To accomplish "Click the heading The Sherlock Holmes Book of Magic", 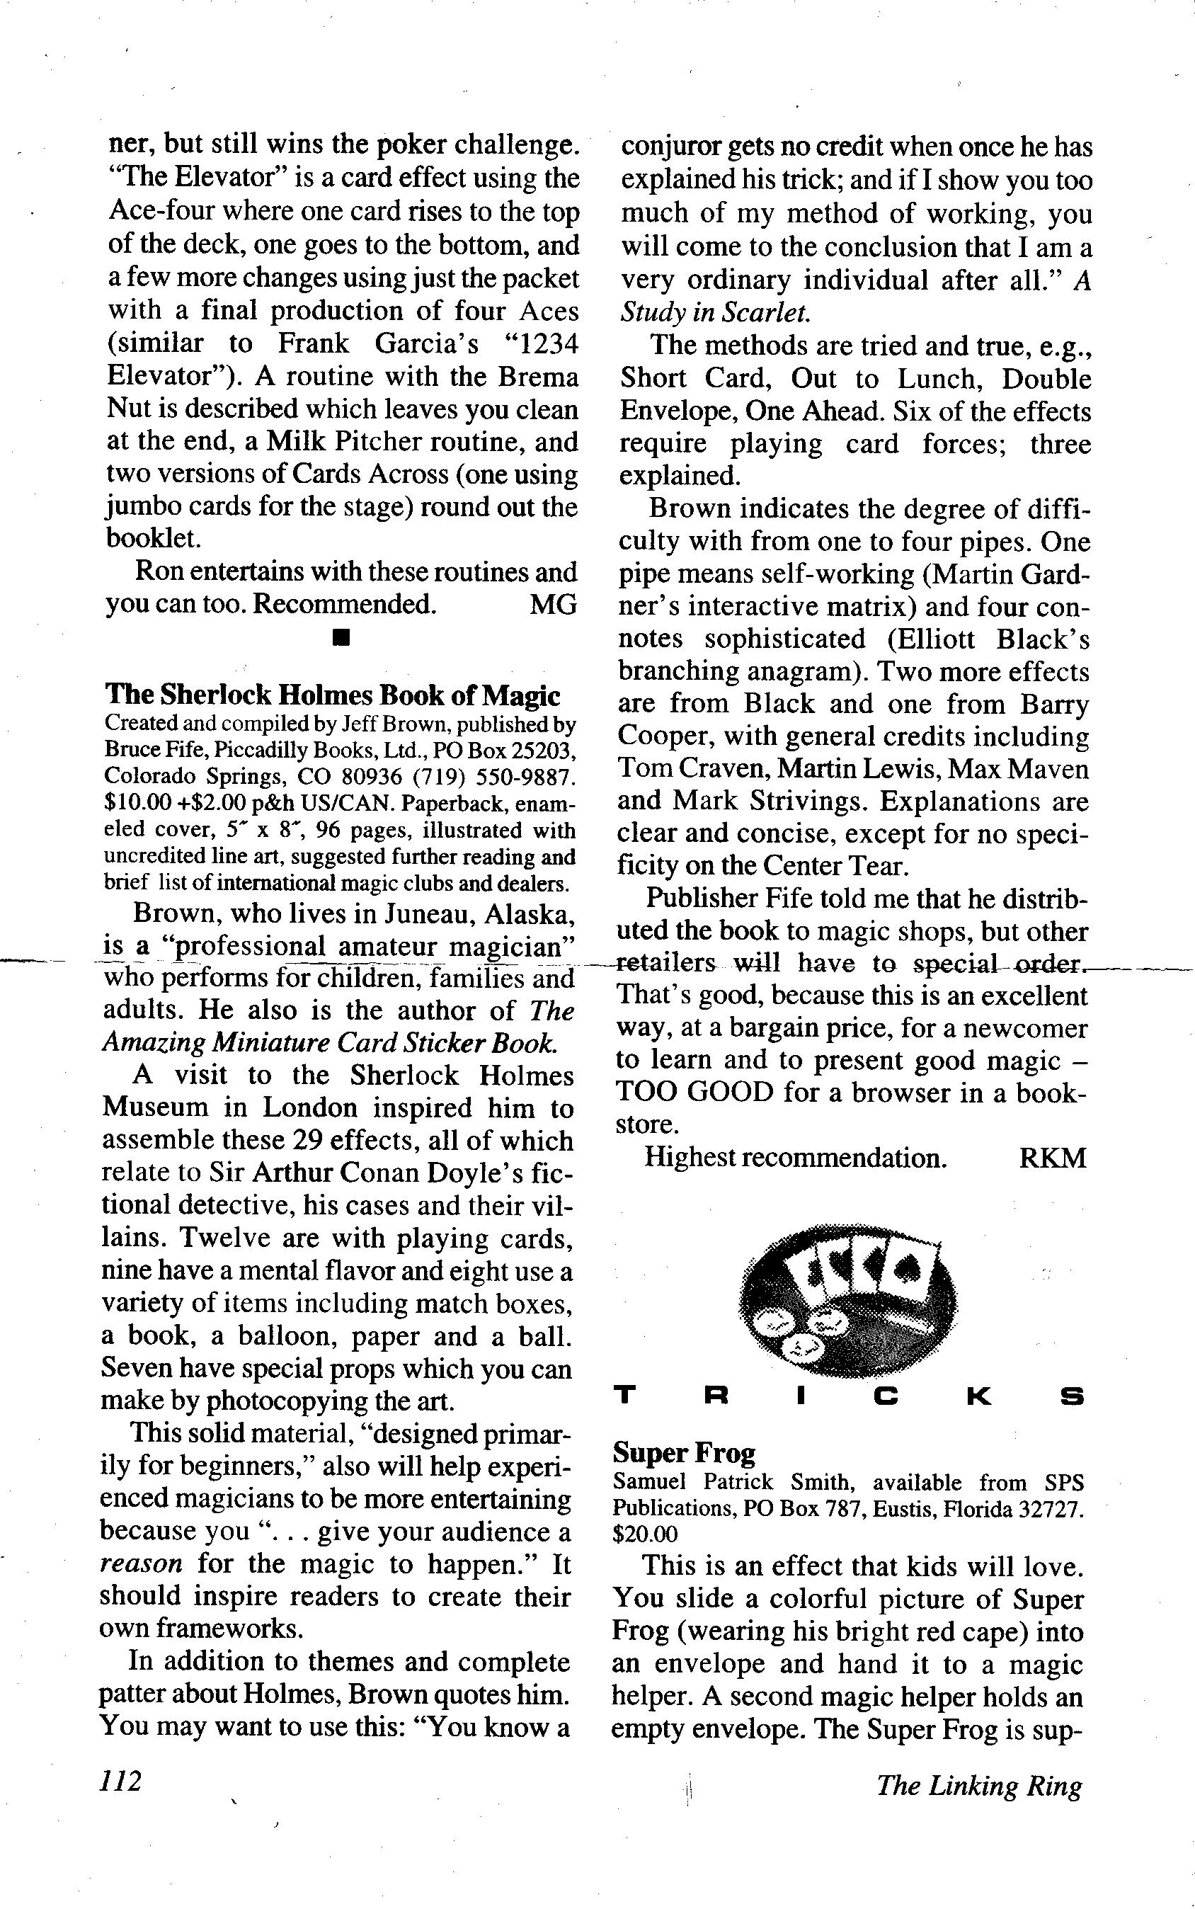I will pyautogui.click(x=333, y=695).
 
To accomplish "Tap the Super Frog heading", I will pyautogui.click(x=685, y=1453).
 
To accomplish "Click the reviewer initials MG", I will pyautogui.click(x=552, y=605).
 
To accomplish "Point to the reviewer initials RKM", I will pyautogui.click(x=1053, y=1158).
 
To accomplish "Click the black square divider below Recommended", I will pyautogui.click(x=341, y=637).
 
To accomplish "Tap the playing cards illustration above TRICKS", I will pyautogui.click(x=848, y=1300).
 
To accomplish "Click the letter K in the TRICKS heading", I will pyautogui.click(x=978, y=1398).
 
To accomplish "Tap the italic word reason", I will pyautogui.click(x=141, y=1564).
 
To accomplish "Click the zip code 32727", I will pyautogui.click(x=1051, y=1509).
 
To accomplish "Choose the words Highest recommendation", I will pyautogui.click(x=795, y=1158).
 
